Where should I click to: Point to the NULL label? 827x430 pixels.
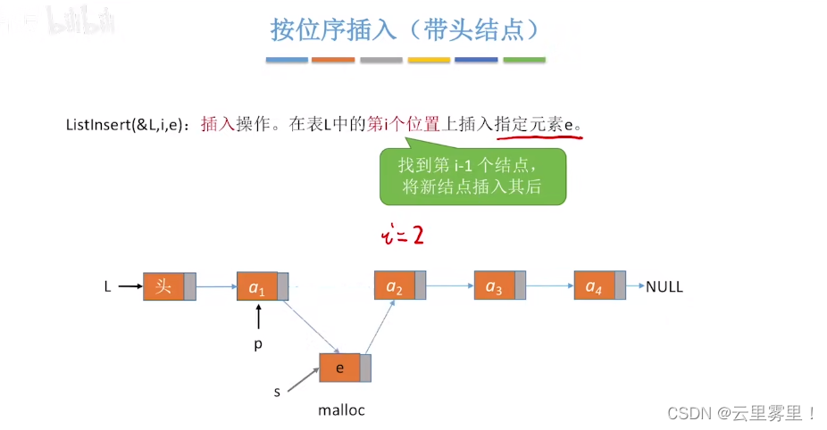pyautogui.click(x=664, y=287)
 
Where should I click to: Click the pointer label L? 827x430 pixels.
pyautogui.click(x=108, y=287)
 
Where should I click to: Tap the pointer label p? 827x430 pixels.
pyautogui.click(x=258, y=343)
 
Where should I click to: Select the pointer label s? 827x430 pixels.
pyautogui.click(x=277, y=392)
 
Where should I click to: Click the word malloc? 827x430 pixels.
pyautogui.click(x=342, y=410)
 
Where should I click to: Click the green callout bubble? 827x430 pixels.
pyautogui.click(x=472, y=177)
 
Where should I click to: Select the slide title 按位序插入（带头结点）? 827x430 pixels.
pyautogui.click(x=406, y=29)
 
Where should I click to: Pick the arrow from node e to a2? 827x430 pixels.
pyautogui.click(x=379, y=327)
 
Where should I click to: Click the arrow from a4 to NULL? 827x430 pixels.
pyautogui.click(x=635, y=287)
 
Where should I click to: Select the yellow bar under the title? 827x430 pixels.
pyautogui.click(x=429, y=60)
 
